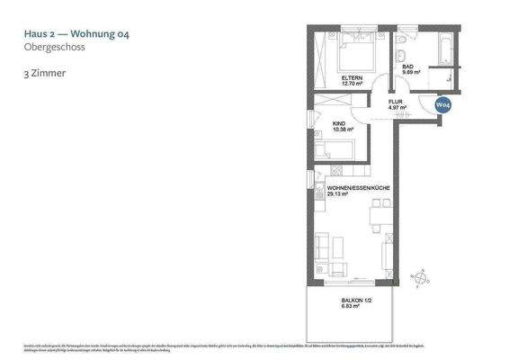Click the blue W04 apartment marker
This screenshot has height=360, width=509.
442,105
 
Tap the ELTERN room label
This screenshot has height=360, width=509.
352,79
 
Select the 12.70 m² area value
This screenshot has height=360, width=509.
352,85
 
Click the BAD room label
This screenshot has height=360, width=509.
407,67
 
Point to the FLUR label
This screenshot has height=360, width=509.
395,102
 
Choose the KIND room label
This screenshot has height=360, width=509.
340,123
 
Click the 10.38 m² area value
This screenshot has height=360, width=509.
343,130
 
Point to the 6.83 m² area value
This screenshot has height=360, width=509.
351,307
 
